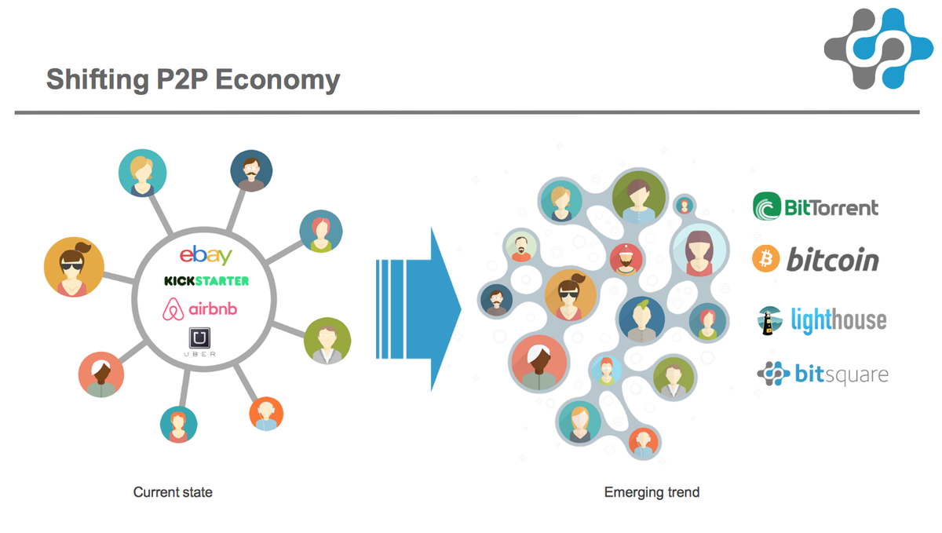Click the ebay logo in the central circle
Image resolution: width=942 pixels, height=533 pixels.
tap(206, 255)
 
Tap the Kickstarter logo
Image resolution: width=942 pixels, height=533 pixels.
tap(206, 280)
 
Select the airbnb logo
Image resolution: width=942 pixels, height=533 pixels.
tap(199, 309)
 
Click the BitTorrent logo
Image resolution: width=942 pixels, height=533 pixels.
tap(816, 207)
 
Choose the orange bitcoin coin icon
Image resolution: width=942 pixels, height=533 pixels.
tap(765, 259)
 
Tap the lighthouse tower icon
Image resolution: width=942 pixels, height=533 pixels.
tap(766, 320)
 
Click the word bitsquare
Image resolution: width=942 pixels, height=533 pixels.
tap(841, 374)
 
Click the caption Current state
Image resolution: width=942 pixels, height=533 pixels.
tap(173, 493)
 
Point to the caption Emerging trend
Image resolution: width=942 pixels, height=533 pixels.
tap(652, 493)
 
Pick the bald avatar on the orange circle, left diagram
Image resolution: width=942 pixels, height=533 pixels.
tap(266, 414)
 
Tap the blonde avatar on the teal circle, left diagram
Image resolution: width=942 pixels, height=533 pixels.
tap(142, 173)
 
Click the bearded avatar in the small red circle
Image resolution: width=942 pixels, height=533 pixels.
tap(626, 259)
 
